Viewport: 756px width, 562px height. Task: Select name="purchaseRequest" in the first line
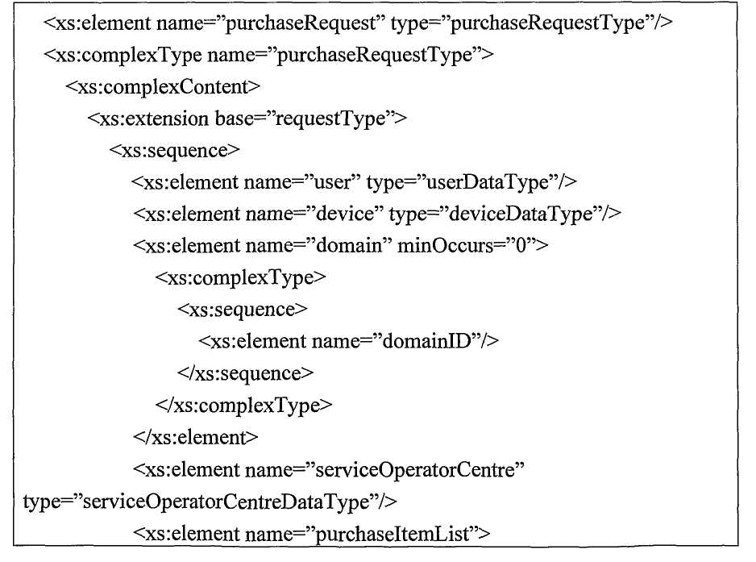coord(268,23)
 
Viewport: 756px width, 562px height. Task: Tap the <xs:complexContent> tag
coord(163,87)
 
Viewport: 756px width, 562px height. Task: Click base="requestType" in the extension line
coord(305,119)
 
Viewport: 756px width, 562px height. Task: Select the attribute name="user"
coord(302,182)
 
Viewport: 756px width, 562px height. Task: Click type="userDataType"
coord(460,183)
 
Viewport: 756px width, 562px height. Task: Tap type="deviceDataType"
coord(496,214)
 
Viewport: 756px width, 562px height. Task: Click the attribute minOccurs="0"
coord(466,246)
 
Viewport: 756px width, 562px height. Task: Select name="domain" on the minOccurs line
coord(318,246)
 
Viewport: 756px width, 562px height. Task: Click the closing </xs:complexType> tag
coord(243,406)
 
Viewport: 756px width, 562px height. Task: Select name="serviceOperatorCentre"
coord(384,470)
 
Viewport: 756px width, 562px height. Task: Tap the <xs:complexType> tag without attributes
coord(241,278)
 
